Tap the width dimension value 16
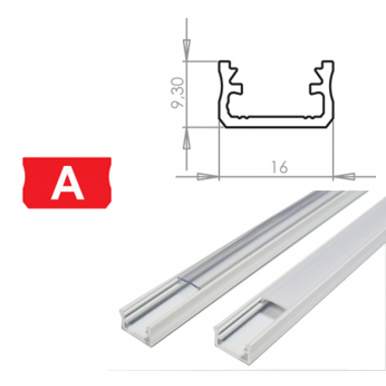tap(279, 167)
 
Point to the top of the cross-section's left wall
tap(226, 63)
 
